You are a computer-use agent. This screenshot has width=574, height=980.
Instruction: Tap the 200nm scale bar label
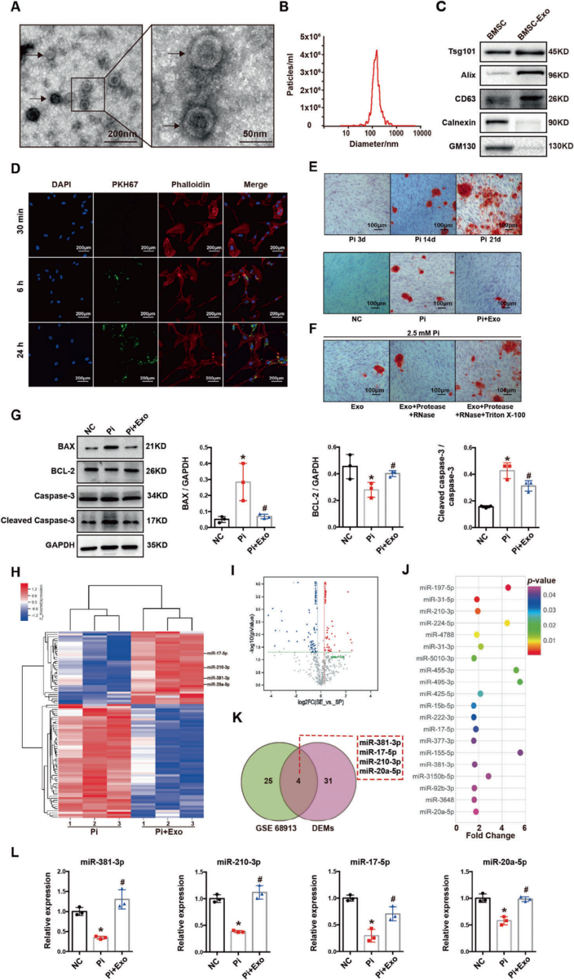point(122,134)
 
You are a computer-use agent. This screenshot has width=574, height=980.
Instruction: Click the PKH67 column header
point(125,185)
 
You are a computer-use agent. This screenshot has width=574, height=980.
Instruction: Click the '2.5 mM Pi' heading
point(423,332)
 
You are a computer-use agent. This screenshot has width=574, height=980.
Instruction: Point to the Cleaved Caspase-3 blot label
point(38,520)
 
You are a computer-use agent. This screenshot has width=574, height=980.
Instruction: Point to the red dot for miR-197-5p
point(508,587)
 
